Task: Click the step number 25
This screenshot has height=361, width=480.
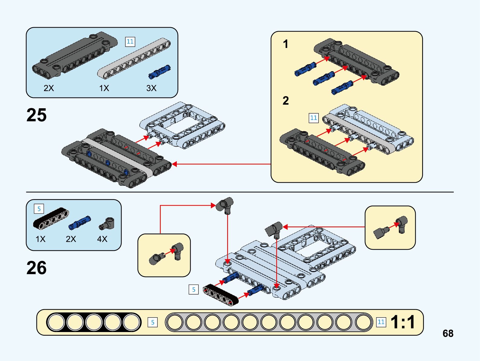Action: pyautogui.click(x=37, y=115)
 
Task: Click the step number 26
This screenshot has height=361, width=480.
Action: pyautogui.click(x=37, y=268)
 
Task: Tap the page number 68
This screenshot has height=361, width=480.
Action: pyautogui.click(x=448, y=333)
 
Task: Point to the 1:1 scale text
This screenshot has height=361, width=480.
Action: pyautogui.click(x=403, y=322)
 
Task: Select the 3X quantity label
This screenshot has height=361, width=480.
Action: pyautogui.click(x=151, y=88)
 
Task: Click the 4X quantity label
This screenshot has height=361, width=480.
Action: pyautogui.click(x=102, y=239)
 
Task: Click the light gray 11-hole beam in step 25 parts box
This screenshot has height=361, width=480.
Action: pyautogui.click(x=134, y=58)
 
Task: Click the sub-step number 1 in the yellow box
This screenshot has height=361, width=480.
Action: pyautogui.click(x=285, y=44)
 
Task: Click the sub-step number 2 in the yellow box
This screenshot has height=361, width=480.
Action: pyautogui.click(x=286, y=100)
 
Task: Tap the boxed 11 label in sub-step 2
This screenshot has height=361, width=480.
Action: pyautogui.click(x=313, y=118)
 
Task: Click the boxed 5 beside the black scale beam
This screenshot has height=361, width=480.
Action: pyautogui.click(x=153, y=322)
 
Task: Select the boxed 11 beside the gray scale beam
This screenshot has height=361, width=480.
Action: pyautogui.click(x=381, y=322)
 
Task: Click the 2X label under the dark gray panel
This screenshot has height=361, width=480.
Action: pyautogui.click(x=49, y=88)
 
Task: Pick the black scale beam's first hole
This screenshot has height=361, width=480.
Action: pyautogui.click(x=56, y=322)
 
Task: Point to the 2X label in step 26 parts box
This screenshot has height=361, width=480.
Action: pyautogui.click(x=71, y=239)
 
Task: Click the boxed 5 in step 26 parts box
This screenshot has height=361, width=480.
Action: pyautogui.click(x=39, y=209)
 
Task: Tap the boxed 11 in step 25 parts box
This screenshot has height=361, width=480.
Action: pyautogui.click(x=130, y=42)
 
